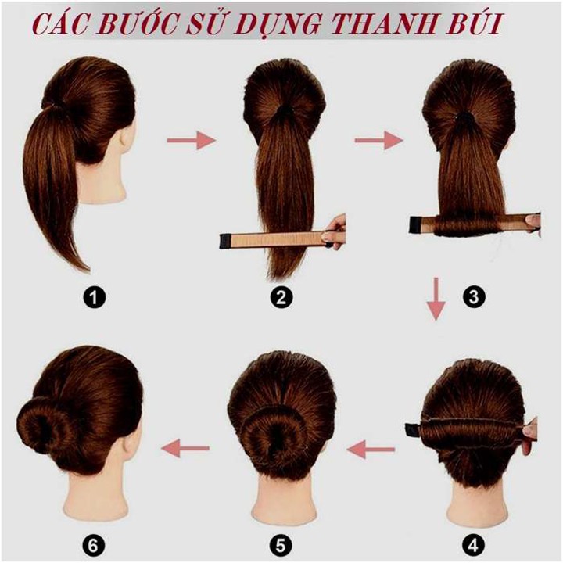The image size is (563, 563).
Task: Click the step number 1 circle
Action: click(94, 298)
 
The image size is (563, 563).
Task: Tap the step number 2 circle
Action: click(281, 298)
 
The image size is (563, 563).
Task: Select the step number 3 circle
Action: click(474, 297)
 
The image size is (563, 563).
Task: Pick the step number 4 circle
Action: click(473, 546)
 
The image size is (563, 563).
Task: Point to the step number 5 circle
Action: click(281, 546)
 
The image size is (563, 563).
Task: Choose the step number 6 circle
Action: click(92, 546)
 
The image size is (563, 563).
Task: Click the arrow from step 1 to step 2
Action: click(192, 140)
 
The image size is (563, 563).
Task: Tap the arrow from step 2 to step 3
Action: click(379, 140)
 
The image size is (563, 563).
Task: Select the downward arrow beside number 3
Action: click(436, 299)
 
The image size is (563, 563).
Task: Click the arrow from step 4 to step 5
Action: click(371, 449)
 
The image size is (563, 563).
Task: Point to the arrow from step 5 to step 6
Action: click(185, 448)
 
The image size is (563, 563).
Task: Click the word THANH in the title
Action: click(383, 24)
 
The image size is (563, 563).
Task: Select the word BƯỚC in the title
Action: click(140, 23)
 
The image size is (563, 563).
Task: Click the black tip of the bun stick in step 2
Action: click(224, 241)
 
